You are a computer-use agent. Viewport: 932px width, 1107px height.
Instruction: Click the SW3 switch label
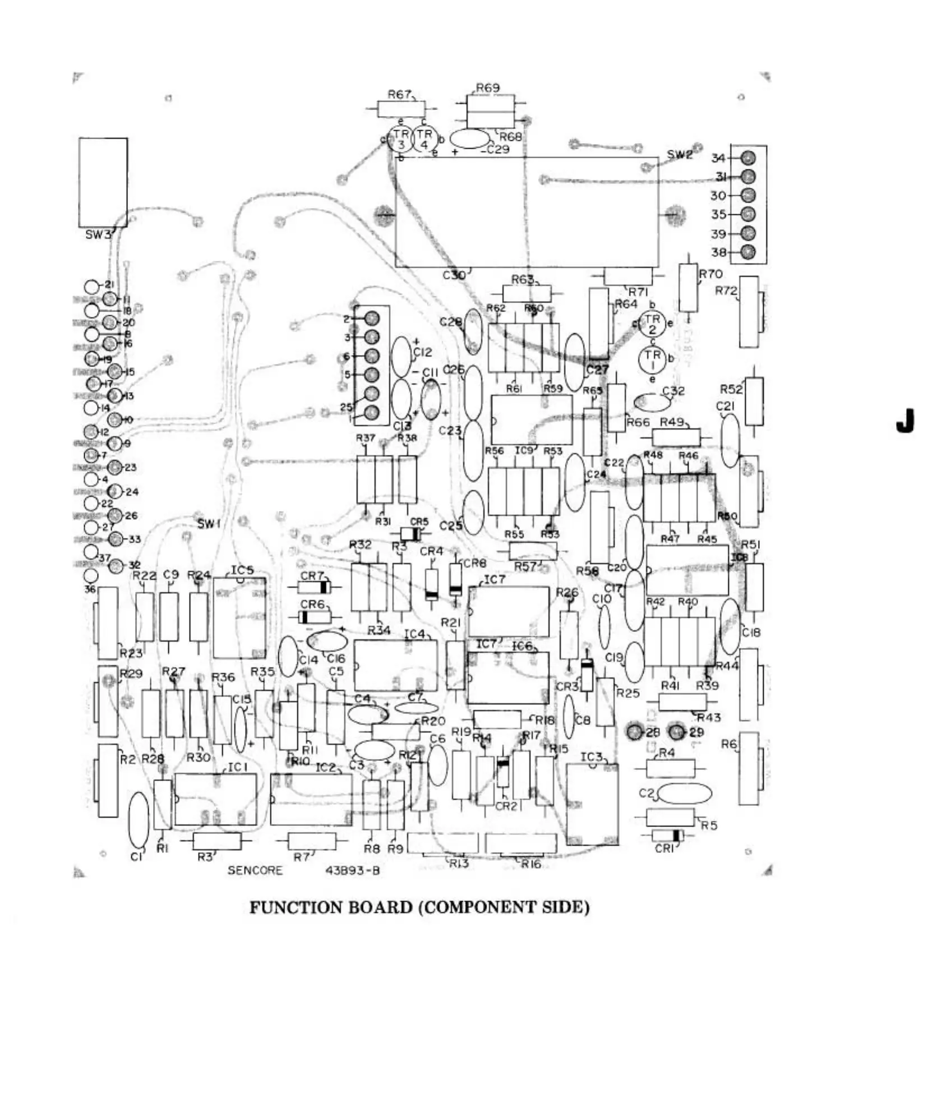98,234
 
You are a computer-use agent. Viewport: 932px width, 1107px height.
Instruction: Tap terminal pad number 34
748,158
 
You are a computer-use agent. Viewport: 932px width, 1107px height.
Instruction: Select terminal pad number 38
748,252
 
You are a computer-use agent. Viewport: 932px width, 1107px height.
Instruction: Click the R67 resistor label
399,95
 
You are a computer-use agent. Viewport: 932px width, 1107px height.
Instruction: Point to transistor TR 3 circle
401,139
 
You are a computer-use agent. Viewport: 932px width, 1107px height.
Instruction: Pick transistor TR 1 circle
652,359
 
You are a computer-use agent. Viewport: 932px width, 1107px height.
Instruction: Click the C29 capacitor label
497,150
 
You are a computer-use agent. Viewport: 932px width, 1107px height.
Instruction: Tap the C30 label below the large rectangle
454,275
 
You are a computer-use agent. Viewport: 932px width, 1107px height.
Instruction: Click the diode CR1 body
668,835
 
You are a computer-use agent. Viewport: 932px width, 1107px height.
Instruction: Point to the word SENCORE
255,870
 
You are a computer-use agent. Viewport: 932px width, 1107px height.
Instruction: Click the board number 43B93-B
352,870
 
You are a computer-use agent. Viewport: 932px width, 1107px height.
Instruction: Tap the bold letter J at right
905,421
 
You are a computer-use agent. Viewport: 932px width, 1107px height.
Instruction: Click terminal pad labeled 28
635,732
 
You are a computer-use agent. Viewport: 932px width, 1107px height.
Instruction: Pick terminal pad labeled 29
677,732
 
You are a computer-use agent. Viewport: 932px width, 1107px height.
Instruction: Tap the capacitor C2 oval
684,794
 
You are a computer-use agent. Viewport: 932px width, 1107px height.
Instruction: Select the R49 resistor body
677,437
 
